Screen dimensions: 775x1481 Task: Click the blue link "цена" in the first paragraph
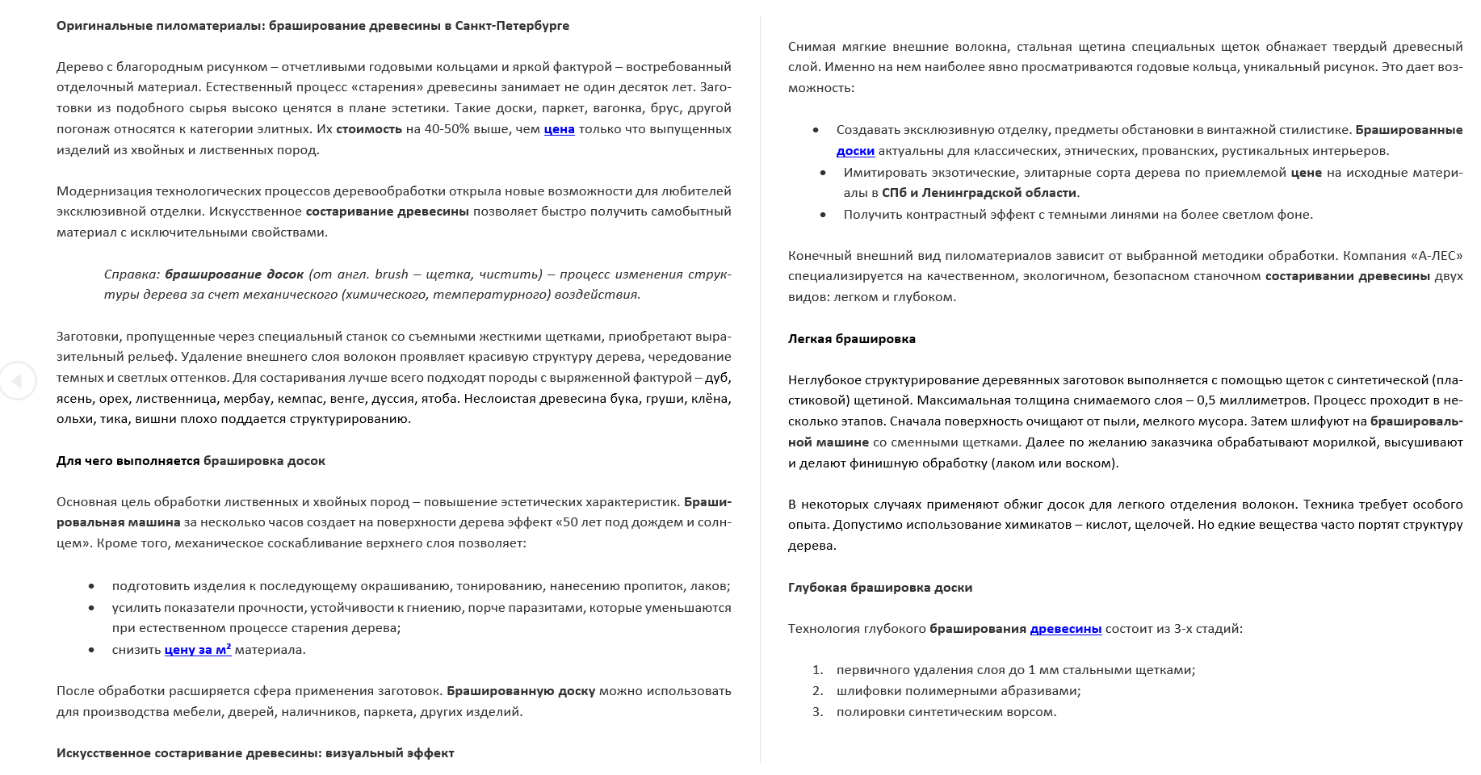click(x=559, y=129)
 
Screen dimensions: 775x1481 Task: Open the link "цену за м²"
click(x=198, y=650)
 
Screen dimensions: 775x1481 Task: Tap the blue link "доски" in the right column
click(x=855, y=151)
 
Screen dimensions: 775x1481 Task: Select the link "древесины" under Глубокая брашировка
click(x=1065, y=629)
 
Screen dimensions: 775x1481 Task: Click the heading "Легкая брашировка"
click(x=851, y=339)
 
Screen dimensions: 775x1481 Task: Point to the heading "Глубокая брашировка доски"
click(x=879, y=588)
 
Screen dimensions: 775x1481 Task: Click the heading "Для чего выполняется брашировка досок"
click(x=191, y=461)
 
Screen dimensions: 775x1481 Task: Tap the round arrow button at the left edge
click(x=18, y=380)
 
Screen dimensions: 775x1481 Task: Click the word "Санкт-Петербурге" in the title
click(x=512, y=26)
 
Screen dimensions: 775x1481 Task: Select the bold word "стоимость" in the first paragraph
click(x=368, y=129)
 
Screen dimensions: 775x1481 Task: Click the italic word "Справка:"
click(x=132, y=274)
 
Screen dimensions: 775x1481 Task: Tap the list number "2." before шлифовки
click(x=817, y=691)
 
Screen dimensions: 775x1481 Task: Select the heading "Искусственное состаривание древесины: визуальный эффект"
click(x=255, y=753)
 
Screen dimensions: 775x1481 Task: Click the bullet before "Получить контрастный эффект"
click(x=823, y=215)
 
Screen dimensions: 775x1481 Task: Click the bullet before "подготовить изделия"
click(x=91, y=587)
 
